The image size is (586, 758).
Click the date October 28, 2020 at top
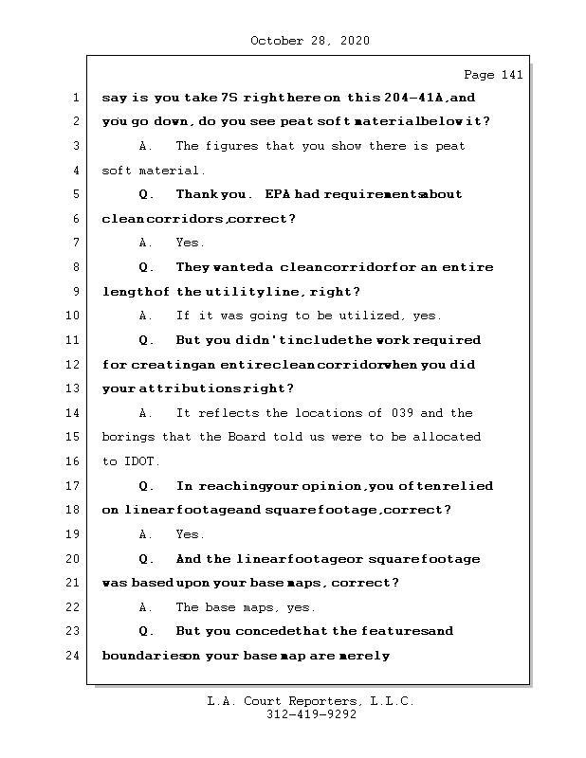tap(309, 41)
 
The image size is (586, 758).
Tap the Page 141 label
tap(492, 75)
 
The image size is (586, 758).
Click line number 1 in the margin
tap(74, 98)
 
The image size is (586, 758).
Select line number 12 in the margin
tap(74, 365)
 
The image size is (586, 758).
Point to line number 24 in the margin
tap(74, 656)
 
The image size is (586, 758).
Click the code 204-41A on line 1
tap(416, 98)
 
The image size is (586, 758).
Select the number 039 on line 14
tap(402, 413)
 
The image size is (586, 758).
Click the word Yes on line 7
tap(190, 244)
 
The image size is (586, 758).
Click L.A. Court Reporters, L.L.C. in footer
tap(311, 701)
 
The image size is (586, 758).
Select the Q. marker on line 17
tap(146, 486)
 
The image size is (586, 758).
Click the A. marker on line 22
tap(146, 607)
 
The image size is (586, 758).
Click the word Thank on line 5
tap(197, 194)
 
